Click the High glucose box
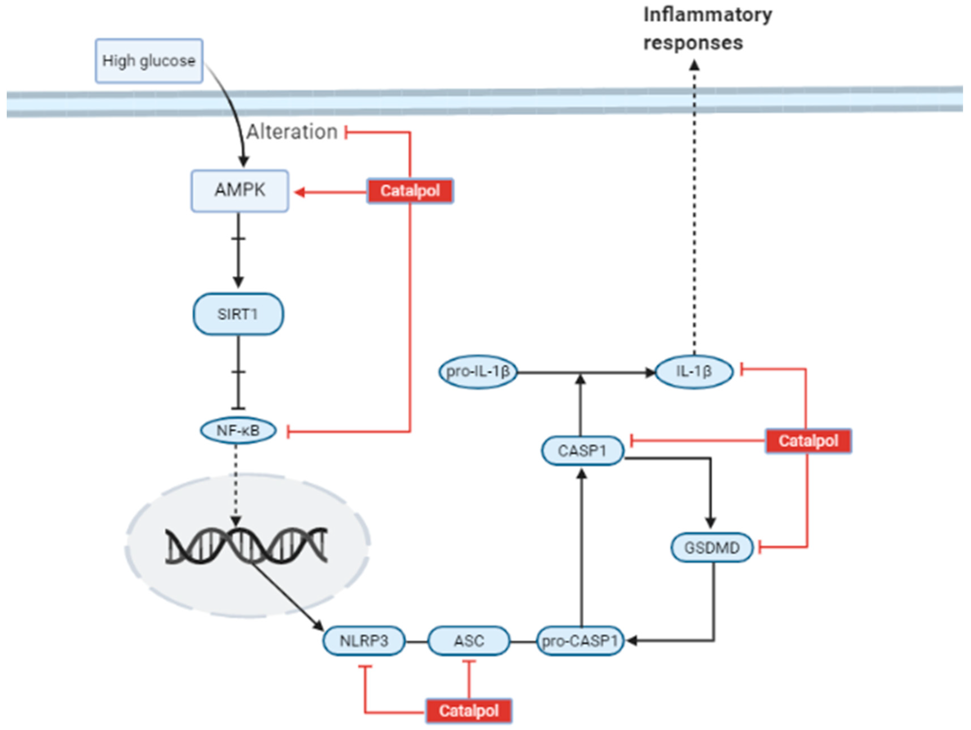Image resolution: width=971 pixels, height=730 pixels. tap(149, 61)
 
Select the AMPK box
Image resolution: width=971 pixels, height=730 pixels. tap(240, 191)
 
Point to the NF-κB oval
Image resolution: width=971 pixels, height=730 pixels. tap(238, 431)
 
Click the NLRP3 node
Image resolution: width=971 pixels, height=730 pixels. tap(364, 641)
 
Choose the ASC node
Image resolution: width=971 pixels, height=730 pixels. tap(469, 641)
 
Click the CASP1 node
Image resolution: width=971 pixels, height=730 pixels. tap(582, 450)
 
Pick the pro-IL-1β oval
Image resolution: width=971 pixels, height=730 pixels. tap(478, 372)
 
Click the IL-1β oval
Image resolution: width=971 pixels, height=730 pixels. tap(693, 372)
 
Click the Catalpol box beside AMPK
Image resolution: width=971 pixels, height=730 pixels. tap(410, 191)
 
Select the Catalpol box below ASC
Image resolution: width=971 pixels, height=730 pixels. tap(469, 711)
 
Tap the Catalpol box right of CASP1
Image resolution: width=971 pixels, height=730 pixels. tap(808, 441)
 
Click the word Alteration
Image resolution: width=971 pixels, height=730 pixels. tap(292, 132)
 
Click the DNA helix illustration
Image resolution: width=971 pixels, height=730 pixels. tap(246, 546)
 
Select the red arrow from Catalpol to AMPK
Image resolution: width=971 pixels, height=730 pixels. tap(331, 192)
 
